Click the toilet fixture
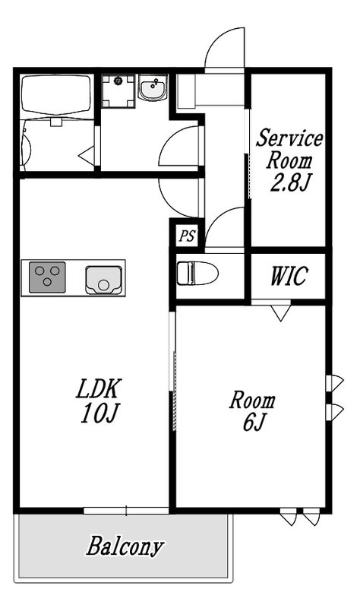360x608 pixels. click(197, 273)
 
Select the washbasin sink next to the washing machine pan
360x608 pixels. click(153, 88)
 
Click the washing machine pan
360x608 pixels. click(118, 91)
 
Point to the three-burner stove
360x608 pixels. click(47, 277)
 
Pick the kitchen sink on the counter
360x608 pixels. click(103, 280)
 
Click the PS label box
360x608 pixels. click(187, 236)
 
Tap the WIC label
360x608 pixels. click(289, 276)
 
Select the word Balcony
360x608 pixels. click(125, 546)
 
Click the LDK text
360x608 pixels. click(99, 389)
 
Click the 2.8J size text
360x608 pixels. click(290, 182)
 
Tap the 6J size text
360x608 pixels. click(253, 422)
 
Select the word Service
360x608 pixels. click(289, 138)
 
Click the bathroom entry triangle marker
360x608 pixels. click(87, 157)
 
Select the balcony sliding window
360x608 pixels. click(126, 511)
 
